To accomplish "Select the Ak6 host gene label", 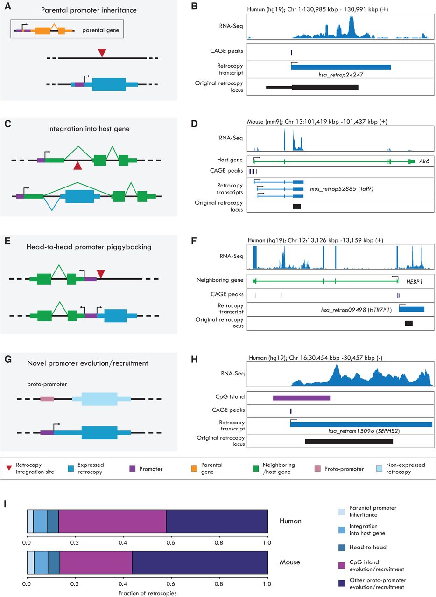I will (x=425, y=161).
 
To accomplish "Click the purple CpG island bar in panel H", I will (x=302, y=398).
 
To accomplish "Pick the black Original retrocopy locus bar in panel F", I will (x=408, y=323).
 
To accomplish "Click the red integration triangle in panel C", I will (x=78, y=165).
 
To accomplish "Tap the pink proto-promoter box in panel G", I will (x=47, y=399).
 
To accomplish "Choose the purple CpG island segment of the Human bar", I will (x=113, y=521).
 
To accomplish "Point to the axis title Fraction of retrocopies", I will (x=147, y=593).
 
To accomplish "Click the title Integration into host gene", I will (x=88, y=128).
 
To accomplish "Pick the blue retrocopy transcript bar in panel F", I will (x=411, y=309).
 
